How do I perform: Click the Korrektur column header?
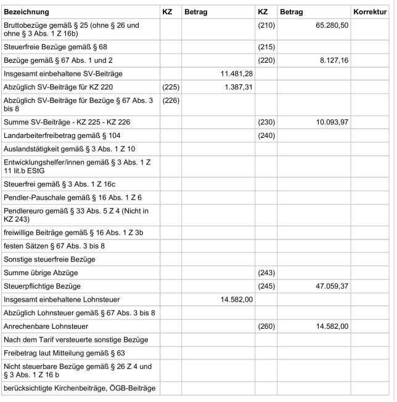370,12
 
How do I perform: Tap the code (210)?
265,28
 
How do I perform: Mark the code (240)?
265,136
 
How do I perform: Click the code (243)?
265,272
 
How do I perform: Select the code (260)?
265,326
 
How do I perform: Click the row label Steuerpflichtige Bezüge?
42,286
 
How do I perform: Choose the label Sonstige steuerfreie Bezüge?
50,259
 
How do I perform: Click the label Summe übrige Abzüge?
41,272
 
